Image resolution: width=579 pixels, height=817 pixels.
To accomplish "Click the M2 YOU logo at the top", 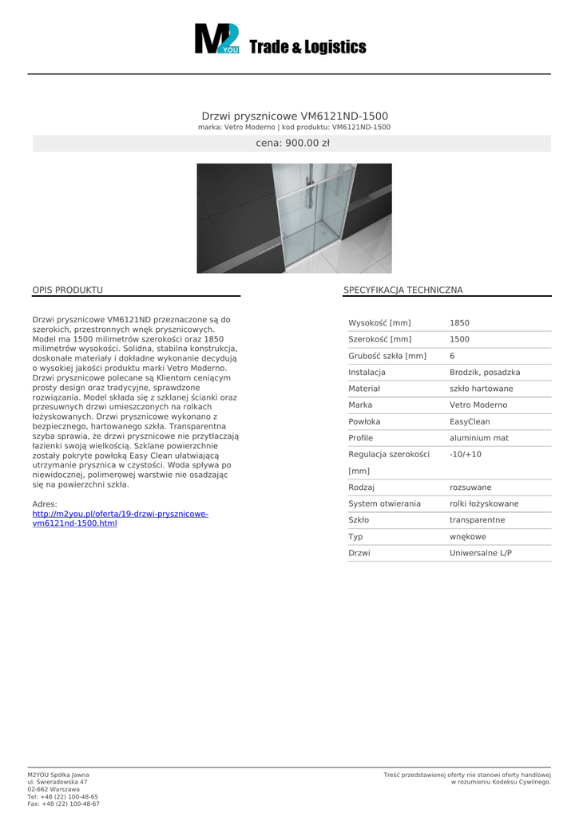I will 217,39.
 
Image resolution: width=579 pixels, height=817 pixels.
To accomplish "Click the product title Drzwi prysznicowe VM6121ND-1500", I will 295,116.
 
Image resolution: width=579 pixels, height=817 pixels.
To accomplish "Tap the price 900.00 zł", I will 292,144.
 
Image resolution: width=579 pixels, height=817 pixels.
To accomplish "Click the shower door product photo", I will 294,218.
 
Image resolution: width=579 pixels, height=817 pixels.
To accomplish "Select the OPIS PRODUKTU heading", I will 67,290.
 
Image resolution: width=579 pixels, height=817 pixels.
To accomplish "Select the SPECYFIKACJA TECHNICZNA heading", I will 403,290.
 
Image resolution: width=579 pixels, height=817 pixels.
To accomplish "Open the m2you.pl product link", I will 120,518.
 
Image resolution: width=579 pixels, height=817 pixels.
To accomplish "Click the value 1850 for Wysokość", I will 459,323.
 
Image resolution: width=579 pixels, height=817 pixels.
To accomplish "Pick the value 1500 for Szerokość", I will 459,339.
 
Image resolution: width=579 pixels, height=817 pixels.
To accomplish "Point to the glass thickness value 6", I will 452,356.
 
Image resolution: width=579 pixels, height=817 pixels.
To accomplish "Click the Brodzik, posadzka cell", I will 485,373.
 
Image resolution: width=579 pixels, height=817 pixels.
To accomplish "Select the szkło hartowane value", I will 481,389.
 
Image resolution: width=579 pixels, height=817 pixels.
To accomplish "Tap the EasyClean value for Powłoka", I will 470,421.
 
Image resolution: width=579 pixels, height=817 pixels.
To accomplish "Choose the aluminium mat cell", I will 478,438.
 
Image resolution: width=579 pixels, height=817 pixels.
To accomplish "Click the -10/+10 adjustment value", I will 466,454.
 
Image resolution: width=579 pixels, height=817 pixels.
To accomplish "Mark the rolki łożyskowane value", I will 484,503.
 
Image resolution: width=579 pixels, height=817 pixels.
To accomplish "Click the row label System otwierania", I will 384,503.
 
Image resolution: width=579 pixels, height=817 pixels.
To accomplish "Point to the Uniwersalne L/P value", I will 480,553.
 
